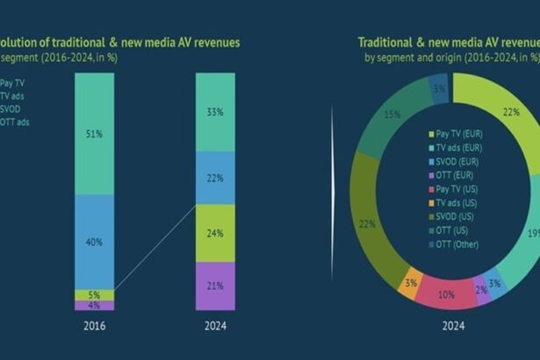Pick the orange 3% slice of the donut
(409, 283)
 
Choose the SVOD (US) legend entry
(456, 216)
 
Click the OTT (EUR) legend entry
(454, 175)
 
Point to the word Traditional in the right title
(386, 42)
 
